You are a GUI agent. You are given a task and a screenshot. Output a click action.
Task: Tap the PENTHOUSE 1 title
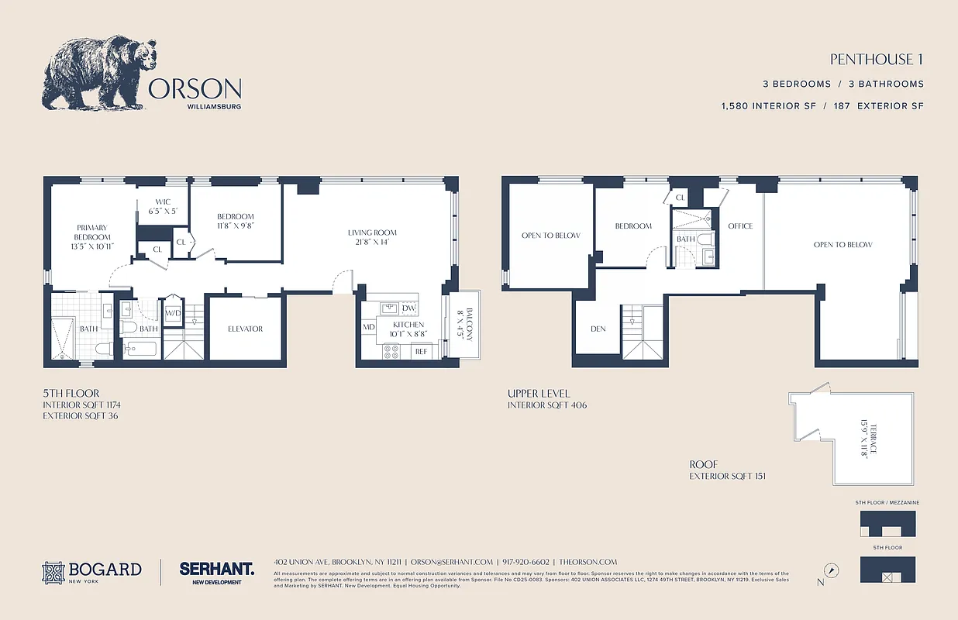877,60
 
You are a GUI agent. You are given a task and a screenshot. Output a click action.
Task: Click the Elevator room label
245,329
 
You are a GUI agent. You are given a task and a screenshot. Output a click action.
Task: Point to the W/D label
173,313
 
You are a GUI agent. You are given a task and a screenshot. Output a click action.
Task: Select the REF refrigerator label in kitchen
421,352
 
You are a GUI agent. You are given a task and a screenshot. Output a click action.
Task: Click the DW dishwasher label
408,308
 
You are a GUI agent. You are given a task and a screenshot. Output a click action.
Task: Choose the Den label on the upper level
598,329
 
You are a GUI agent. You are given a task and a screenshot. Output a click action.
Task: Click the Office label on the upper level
740,226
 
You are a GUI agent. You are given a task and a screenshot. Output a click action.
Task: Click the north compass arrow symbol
831,570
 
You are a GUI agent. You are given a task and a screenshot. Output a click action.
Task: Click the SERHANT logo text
216,569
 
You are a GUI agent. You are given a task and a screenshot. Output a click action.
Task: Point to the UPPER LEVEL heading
539,394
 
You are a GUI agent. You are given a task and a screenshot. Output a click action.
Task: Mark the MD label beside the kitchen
369,328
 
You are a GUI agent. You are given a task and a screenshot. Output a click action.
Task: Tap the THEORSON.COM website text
588,562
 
